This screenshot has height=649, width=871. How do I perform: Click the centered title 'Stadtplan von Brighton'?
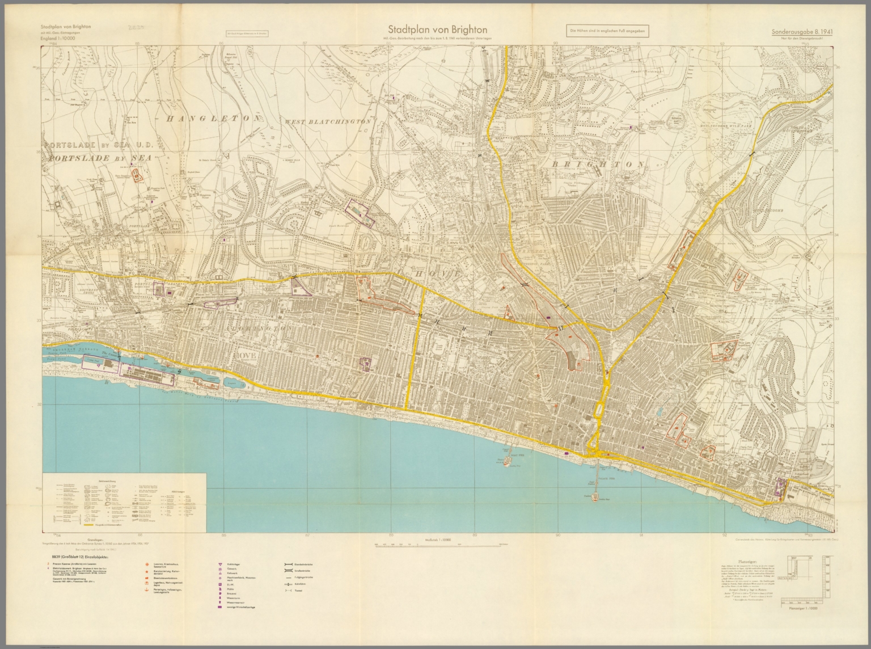point(436,29)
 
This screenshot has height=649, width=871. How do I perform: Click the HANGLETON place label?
point(213,119)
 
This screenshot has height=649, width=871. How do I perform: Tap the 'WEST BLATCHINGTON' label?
point(328,121)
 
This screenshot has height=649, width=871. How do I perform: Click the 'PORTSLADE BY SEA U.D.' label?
point(100,145)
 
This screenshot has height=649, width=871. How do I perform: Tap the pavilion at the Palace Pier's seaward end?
point(595,497)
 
